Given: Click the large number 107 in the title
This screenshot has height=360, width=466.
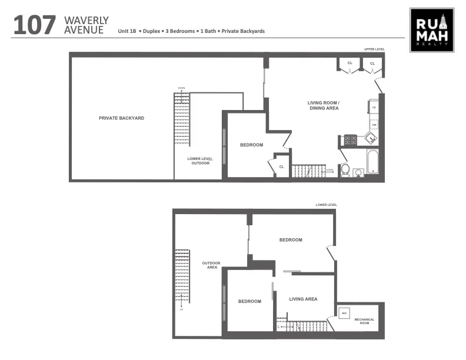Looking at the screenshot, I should point(35,26).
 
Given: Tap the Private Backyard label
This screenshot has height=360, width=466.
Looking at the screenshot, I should point(121,118).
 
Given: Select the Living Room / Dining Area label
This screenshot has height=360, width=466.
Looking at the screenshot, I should point(324,106).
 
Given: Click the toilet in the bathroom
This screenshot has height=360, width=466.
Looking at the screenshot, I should point(345,170).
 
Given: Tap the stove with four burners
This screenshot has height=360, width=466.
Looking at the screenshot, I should point(350,140).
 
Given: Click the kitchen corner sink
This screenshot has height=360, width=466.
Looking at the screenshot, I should point(370,139).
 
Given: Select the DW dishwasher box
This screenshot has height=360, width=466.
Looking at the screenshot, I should point(374,125).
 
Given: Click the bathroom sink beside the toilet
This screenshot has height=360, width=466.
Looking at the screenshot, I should point(358,172).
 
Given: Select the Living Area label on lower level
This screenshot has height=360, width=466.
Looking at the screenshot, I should point(303,299).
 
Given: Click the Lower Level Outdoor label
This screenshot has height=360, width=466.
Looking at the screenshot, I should point(198,161).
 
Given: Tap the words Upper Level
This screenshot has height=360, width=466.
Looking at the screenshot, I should point(374,49).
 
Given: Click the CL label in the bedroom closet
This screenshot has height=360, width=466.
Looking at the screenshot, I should point(281,166).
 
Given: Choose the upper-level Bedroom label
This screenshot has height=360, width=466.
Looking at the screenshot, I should point(251,145).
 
